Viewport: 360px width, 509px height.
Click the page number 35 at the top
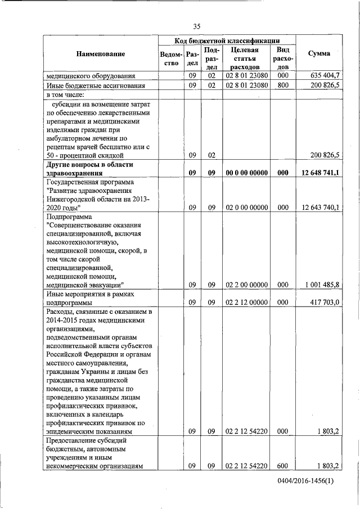click(x=197, y=26)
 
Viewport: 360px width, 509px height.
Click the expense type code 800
click(x=282, y=85)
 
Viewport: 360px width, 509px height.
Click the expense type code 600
click(x=282, y=466)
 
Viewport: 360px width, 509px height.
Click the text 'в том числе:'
click(x=62, y=95)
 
